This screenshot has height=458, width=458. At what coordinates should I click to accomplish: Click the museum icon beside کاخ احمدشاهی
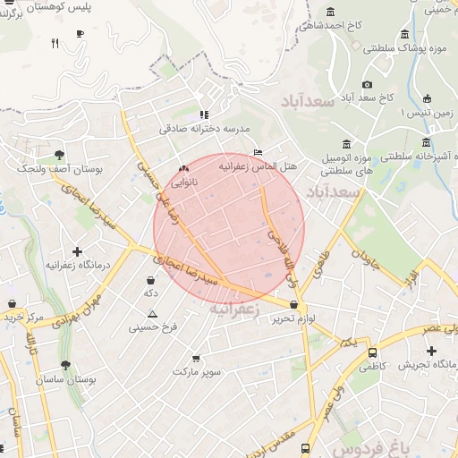[332, 12]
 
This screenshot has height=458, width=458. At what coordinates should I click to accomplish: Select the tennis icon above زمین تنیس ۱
[428, 98]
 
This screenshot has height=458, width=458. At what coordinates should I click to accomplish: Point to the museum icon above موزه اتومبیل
[347, 144]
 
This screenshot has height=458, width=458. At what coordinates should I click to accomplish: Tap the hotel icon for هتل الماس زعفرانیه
[259, 152]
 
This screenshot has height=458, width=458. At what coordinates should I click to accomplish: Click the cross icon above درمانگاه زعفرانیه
[78, 251]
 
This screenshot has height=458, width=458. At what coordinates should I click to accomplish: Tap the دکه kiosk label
[151, 293]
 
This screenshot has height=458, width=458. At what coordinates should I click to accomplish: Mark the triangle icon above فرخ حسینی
[152, 314]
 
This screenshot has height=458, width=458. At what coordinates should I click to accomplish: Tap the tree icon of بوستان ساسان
[66, 365]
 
